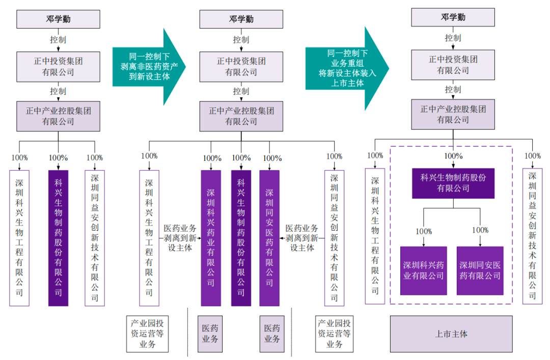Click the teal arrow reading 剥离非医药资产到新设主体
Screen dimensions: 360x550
148,67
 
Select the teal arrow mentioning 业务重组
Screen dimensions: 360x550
346,68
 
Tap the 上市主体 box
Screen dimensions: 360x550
451,334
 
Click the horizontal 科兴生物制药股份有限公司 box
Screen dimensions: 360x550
453,183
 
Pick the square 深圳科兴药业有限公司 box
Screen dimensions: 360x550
423,270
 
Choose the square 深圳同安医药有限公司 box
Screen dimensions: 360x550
480,270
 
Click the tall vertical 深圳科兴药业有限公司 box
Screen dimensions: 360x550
211,238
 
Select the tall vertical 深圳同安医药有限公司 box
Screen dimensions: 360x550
269,238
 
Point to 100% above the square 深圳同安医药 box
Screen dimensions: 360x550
480,231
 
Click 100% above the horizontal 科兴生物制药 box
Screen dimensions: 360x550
453,156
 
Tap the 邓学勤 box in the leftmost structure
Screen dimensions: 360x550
58,19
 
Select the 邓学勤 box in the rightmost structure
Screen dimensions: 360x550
453,17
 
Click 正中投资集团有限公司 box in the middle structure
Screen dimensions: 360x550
241,67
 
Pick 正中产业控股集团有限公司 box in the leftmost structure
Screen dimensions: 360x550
58,116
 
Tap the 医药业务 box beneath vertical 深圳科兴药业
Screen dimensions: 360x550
210,334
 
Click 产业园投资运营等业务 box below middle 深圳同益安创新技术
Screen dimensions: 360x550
334,334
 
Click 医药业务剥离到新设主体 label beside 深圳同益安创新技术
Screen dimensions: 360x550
301,238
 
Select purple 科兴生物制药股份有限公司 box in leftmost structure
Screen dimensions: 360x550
58,238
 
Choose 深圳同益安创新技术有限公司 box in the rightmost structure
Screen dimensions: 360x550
532,236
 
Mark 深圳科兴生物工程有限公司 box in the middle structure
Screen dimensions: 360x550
149,238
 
